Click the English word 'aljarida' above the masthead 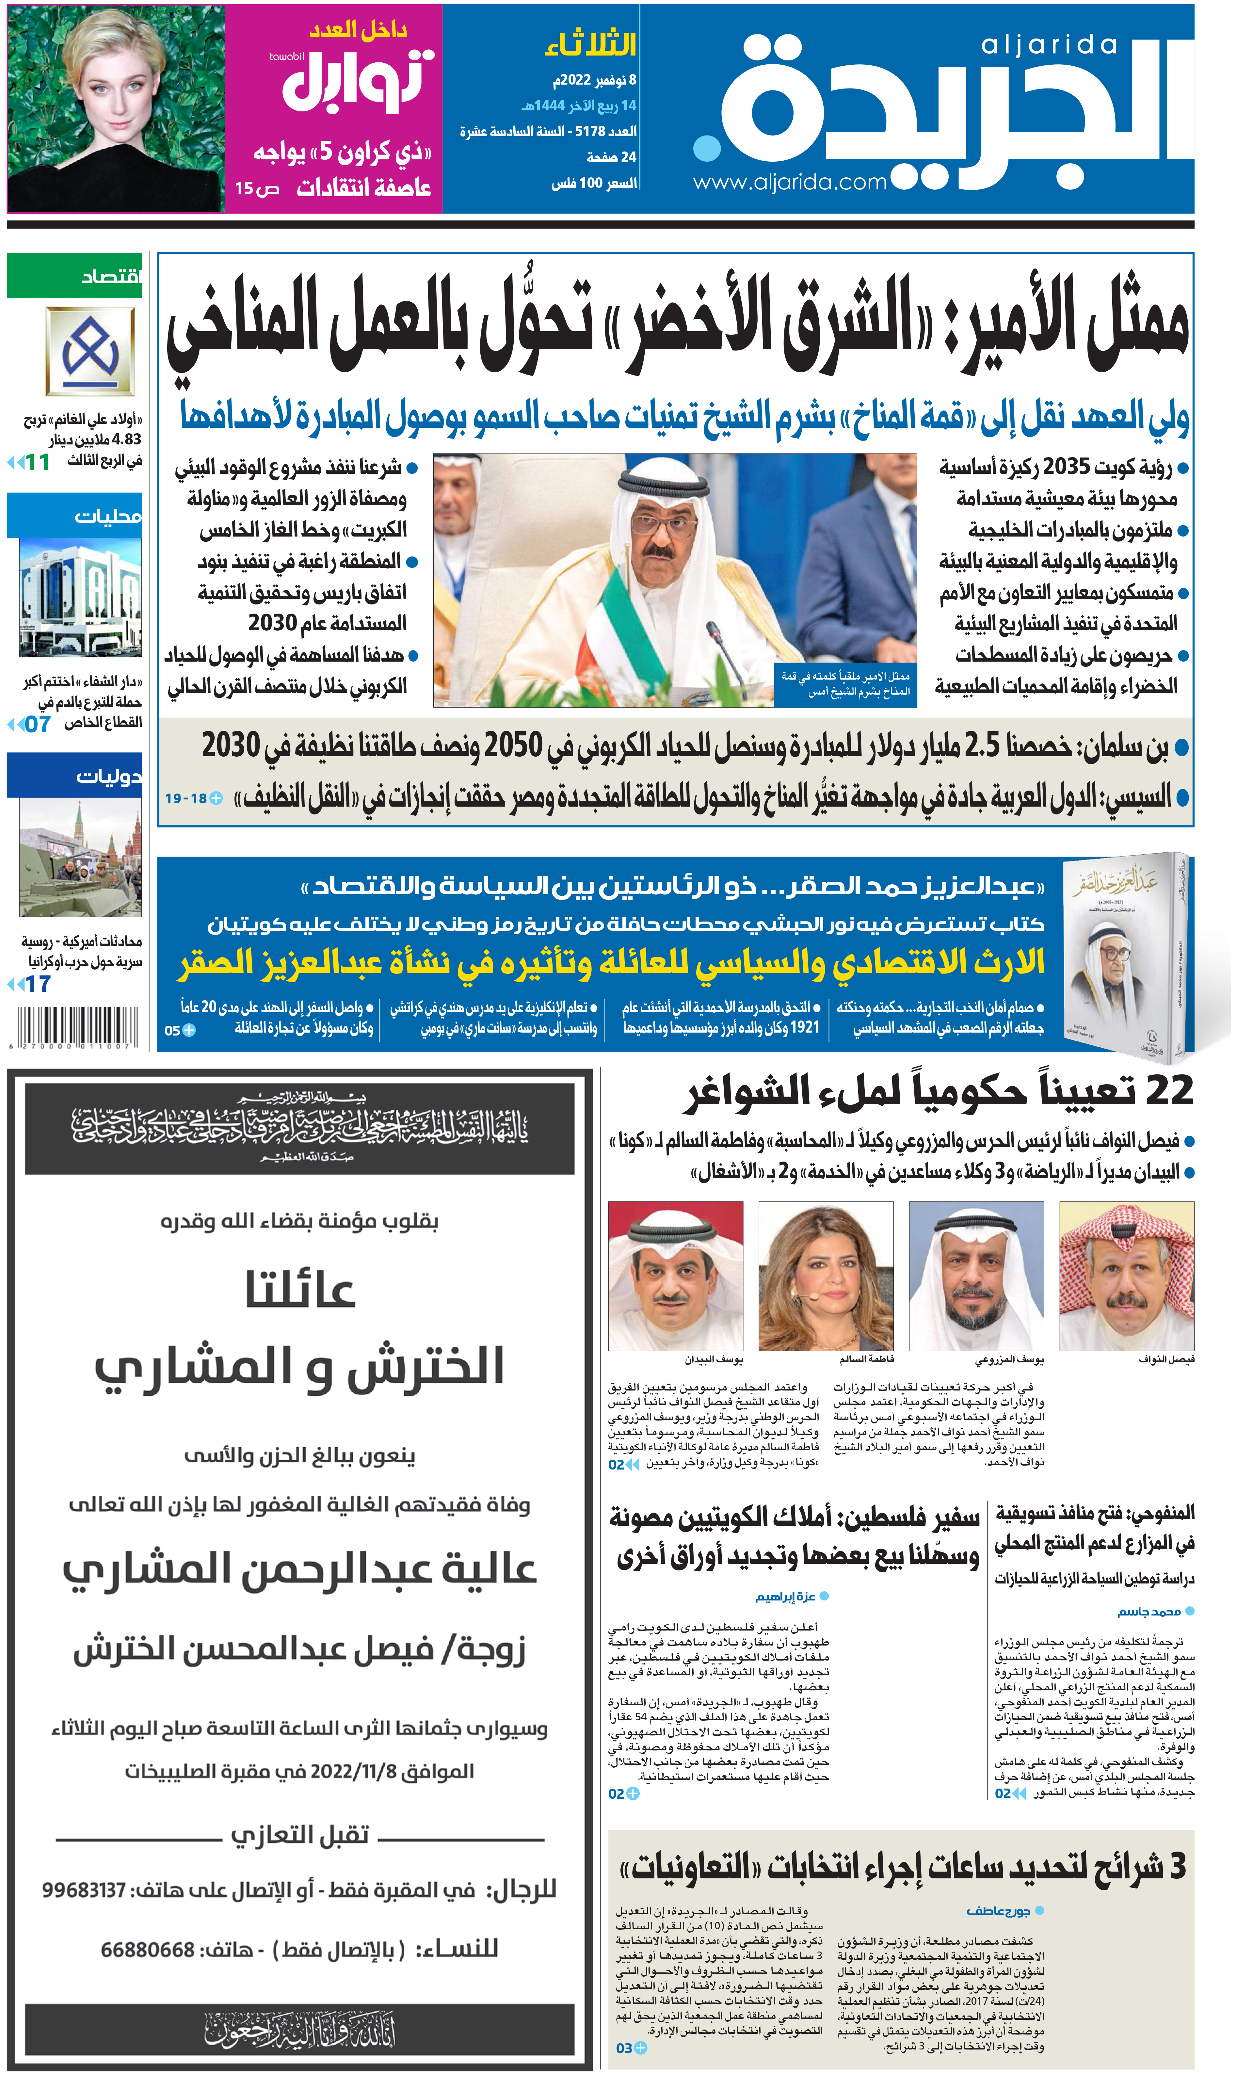coord(1049,45)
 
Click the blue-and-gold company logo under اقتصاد coord(90,351)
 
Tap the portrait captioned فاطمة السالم coord(825,1275)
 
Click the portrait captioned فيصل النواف coord(1126,1275)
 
